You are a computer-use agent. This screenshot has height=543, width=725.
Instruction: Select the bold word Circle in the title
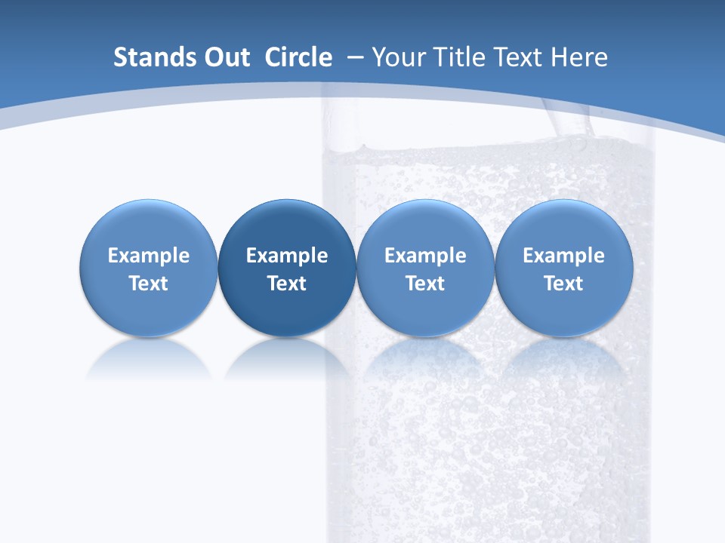[298, 57]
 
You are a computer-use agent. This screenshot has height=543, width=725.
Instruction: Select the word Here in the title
[579, 57]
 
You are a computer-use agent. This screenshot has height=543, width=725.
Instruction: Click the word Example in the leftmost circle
[149, 256]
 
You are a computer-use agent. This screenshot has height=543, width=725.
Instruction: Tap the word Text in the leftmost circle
[149, 284]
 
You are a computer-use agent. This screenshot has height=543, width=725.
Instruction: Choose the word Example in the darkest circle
[287, 256]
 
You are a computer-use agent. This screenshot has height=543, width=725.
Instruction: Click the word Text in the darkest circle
[287, 284]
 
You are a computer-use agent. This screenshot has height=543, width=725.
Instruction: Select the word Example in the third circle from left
[425, 256]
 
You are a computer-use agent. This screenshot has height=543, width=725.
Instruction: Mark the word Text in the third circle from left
[425, 284]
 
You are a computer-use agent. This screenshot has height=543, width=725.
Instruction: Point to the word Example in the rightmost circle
[563, 256]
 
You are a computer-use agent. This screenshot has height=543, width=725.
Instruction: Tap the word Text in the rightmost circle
[563, 284]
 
